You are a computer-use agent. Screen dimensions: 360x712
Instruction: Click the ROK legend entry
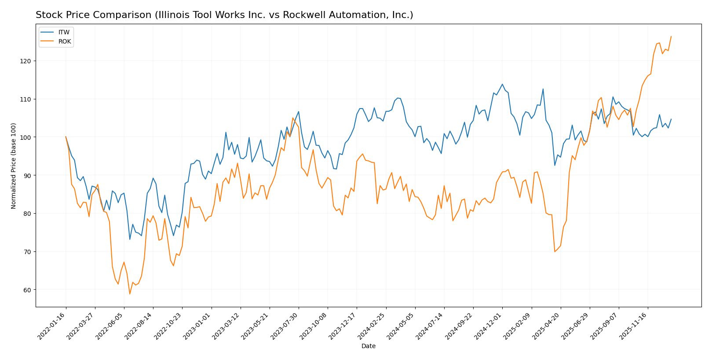click(x=65, y=42)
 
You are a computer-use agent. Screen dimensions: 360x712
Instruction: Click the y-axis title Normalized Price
click(x=14, y=166)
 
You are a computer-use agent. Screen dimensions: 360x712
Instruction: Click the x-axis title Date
click(x=368, y=346)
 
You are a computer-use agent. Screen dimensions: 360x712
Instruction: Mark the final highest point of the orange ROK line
click(x=671, y=36)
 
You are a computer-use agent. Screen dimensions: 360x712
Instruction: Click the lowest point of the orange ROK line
click(x=130, y=294)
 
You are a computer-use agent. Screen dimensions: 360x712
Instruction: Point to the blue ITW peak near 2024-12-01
click(x=502, y=84)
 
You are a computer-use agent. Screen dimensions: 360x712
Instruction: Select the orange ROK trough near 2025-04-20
click(x=555, y=251)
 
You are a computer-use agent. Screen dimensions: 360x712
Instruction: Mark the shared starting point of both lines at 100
click(x=66, y=137)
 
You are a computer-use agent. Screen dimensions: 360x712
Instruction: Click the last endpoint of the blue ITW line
click(x=671, y=119)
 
